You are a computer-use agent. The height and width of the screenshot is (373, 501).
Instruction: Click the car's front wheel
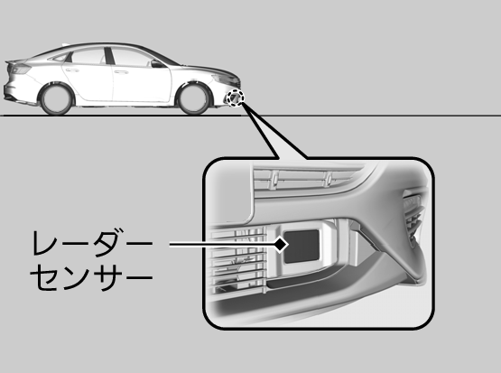coord(193,98)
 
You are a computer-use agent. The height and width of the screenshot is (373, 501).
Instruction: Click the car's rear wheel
coord(56,98)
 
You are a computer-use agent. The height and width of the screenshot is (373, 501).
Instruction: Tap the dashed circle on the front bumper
coord(235,98)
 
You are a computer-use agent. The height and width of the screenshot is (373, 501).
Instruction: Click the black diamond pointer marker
coord(281,245)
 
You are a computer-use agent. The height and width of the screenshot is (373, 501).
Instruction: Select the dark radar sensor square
coord(302,247)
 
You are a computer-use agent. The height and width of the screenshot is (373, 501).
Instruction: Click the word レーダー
coord(93,243)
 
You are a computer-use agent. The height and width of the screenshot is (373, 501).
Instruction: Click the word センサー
coord(92,276)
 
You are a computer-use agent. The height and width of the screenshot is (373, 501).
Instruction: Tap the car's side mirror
coord(157,64)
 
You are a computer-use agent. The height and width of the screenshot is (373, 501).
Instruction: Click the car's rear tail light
coord(19,69)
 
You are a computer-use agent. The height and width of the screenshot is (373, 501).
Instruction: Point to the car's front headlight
coord(225,79)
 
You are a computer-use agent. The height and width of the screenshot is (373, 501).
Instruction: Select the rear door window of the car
coord(88,56)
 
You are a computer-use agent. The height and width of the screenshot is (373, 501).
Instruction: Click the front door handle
coord(121,72)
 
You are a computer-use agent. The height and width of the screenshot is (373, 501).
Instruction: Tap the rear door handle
coord(72,70)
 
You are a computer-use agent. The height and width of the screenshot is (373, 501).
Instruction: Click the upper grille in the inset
coord(303,178)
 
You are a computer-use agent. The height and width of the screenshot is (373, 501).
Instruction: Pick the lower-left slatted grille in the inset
coord(238,260)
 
